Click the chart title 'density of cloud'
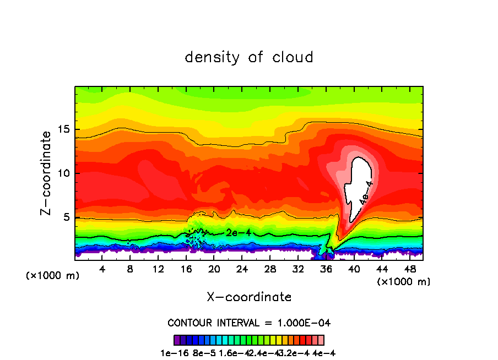click(249, 57)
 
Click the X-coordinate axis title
click(249, 297)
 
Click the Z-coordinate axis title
click(46, 173)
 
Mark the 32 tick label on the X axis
click(298, 269)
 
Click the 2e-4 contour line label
click(239, 233)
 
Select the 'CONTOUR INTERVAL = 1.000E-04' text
click(249, 323)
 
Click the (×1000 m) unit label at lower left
click(52, 276)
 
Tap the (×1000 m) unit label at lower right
click(404, 282)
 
